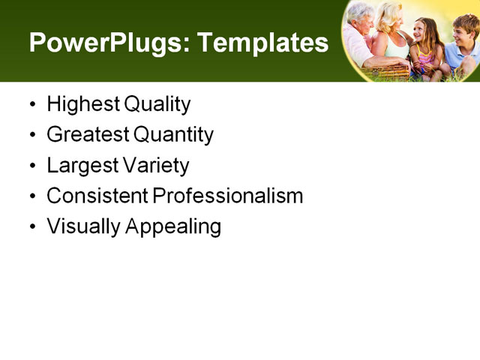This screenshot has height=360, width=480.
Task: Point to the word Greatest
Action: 88,135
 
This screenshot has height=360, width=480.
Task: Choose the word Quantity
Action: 174,135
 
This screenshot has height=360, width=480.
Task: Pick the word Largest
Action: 78,166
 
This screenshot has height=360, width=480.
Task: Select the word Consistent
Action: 97,196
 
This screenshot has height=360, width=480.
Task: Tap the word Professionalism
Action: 229,196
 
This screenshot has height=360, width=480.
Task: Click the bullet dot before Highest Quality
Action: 31,105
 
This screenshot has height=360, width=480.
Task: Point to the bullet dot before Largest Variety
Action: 31,166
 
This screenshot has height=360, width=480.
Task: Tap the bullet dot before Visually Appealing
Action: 31,227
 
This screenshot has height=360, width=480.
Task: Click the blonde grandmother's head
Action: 391,16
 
